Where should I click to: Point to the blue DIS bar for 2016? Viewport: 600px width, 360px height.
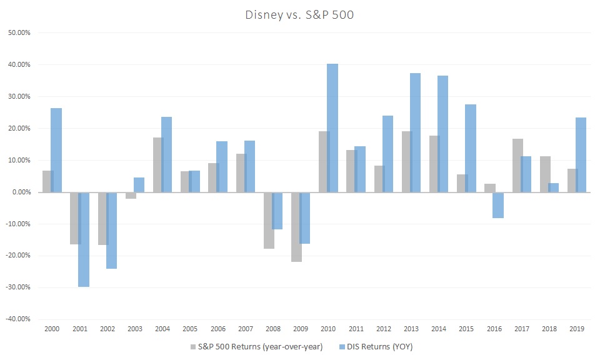[498, 205]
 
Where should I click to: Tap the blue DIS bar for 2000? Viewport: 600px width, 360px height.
[56, 150]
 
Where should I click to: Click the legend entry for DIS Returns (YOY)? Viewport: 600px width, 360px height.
[379, 346]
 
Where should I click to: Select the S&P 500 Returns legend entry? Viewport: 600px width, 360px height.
[260, 346]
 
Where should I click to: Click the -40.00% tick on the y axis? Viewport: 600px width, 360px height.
[19, 319]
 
